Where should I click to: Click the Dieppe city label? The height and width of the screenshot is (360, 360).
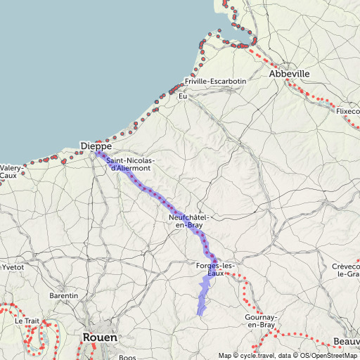[x=96, y=146]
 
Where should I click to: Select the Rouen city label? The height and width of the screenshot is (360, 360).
[x=100, y=337]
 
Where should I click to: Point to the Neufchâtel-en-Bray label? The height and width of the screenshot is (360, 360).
[x=188, y=221]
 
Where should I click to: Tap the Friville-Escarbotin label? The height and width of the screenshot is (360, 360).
[x=215, y=81]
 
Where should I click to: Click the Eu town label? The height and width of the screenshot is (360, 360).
[x=183, y=96]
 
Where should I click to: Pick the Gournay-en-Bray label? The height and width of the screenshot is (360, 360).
[x=259, y=321]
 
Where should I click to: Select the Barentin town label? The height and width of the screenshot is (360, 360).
[x=63, y=296]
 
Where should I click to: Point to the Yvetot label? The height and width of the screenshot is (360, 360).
[x=12, y=267]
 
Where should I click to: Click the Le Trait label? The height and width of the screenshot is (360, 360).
[x=27, y=320]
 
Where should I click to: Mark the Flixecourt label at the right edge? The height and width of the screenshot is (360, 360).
[x=347, y=111]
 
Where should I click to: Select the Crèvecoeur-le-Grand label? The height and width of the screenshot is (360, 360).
[x=347, y=271]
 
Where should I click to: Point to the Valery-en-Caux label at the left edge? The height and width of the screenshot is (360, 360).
[x=9, y=172]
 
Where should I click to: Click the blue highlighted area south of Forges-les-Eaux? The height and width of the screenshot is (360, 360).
[x=204, y=295]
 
